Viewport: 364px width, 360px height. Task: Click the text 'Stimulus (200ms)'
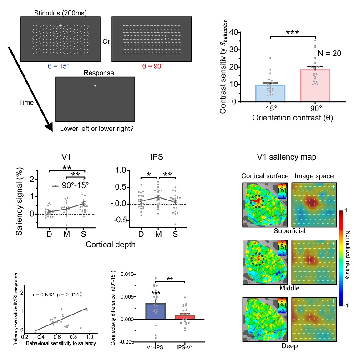tap(60, 8)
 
